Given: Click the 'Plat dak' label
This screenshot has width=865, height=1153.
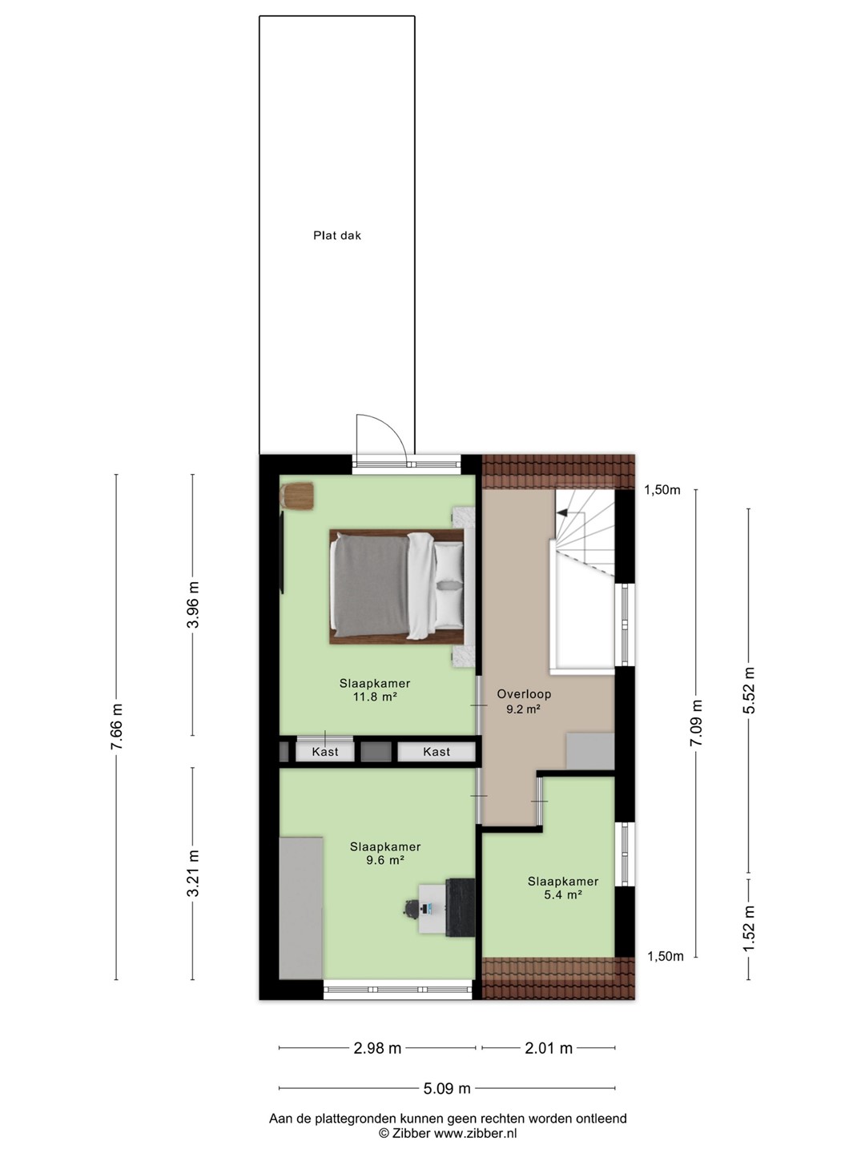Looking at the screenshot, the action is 336,235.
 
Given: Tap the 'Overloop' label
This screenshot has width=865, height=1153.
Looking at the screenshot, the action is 524,694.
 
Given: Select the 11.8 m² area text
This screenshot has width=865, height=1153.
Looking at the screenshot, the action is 375,697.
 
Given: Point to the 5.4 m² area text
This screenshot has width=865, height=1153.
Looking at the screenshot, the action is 562,895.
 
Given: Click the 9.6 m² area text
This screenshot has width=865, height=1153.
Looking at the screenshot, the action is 385,860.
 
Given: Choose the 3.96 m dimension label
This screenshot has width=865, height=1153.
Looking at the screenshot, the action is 193,605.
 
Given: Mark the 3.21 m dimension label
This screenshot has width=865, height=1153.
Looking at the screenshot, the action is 193,873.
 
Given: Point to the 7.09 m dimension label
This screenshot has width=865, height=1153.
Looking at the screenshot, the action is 697,722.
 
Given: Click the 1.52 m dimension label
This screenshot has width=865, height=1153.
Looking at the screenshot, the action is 749,928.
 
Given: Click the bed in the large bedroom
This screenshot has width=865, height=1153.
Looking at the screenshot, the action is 396,586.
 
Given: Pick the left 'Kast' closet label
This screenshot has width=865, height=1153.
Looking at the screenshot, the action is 325,752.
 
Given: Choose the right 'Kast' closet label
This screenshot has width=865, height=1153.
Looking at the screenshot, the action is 437,752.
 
